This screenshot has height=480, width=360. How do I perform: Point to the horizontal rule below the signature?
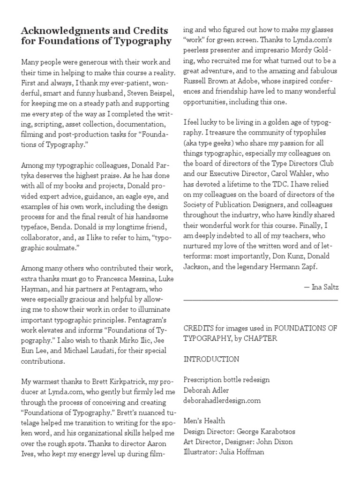(261, 299)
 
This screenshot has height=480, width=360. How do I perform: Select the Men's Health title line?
(204, 421)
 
